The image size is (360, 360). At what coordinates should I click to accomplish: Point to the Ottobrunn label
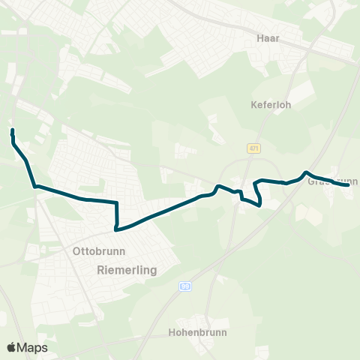[99, 251]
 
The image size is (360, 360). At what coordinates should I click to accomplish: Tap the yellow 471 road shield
[255, 148]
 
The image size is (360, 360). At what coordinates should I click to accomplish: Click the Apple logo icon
[12, 347]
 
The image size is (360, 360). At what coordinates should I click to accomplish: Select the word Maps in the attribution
[33, 347]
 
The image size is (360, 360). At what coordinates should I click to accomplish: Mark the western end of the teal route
[13, 130]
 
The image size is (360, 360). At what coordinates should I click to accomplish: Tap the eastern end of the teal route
[349, 184]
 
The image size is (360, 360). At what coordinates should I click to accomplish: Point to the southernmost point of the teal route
[115, 229]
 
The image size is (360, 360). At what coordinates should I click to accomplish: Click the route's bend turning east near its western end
[34, 186]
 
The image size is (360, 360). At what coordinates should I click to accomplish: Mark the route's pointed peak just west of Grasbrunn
[305, 173]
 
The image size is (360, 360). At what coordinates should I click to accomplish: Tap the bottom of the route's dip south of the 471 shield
[259, 205]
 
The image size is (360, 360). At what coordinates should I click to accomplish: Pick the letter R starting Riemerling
[101, 268]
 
